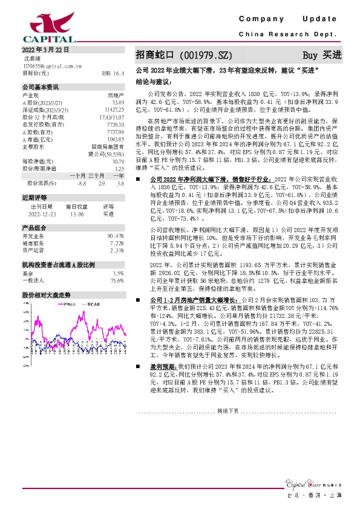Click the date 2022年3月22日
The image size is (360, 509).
pyautogui.click(x=42, y=50)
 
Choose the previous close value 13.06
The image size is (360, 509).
pyautogui.click(x=77, y=213)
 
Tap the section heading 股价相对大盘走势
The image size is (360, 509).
pyautogui.click(x=46, y=295)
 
